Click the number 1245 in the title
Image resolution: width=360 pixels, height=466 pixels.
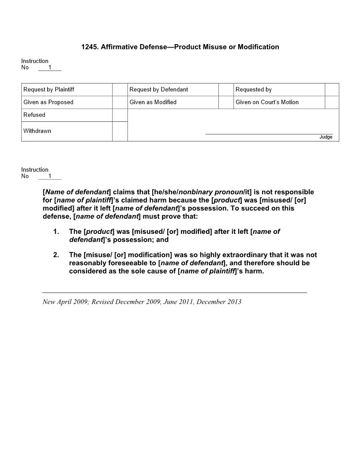(x=89, y=47)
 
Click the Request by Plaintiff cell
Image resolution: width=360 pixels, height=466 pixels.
(x=49, y=90)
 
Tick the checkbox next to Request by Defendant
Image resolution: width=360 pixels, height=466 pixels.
(x=225, y=90)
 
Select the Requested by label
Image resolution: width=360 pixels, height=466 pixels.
(x=254, y=90)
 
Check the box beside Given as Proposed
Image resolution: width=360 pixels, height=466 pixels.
(x=120, y=102)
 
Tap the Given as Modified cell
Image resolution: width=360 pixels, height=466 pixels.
(x=153, y=102)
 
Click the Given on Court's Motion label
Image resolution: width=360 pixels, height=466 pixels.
(x=267, y=102)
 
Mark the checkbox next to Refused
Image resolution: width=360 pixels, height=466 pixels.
(x=120, y=115)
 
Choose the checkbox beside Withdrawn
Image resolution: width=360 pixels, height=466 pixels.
(x=120, y=131)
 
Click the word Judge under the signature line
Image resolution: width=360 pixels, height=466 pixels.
(x=326, y=137)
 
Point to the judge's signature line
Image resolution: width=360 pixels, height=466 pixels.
(x=269, y=133)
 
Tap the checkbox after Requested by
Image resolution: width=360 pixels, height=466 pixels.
(x=332, y=90)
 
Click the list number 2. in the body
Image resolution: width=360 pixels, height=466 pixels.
(x=56, y=255)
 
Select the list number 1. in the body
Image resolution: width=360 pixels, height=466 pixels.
(x=56, y=232)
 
